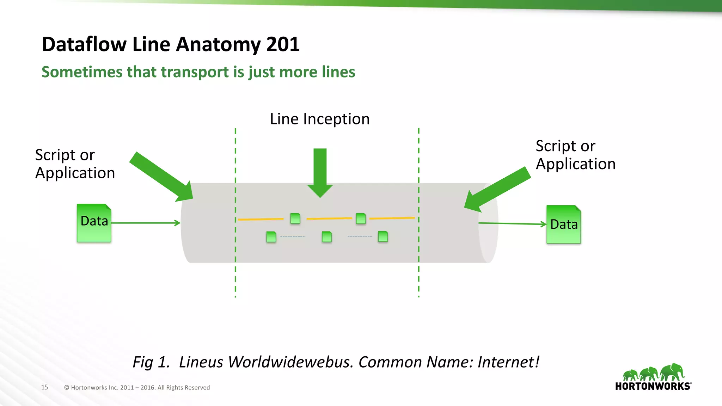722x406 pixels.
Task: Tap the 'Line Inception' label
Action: coord(320,119)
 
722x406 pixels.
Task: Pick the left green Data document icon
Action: coord(94,223)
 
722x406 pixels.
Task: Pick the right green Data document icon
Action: coord(563,224)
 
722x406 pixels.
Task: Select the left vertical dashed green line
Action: coord(235,275)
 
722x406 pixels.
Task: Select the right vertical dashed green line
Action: coord(418,275)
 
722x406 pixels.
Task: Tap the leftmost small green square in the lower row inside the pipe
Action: coord(271,236)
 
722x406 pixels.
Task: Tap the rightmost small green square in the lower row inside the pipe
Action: coord(383,236)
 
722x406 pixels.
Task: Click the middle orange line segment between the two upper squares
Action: coord(329,219)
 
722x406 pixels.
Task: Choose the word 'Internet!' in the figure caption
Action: coord(508,362)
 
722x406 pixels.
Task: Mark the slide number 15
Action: coord(44,387)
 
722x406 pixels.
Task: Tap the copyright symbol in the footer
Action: coord(66,388)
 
